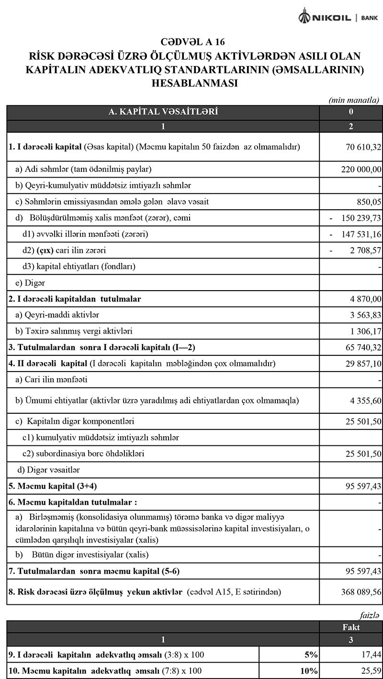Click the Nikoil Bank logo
pyautogui.click(x=338, y=17)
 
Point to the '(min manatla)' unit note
pyautogui.click(x=354, y=100)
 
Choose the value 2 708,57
pyautogui.click(x=356, y=250)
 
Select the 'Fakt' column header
pyautogui.click(x=351, y=627)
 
